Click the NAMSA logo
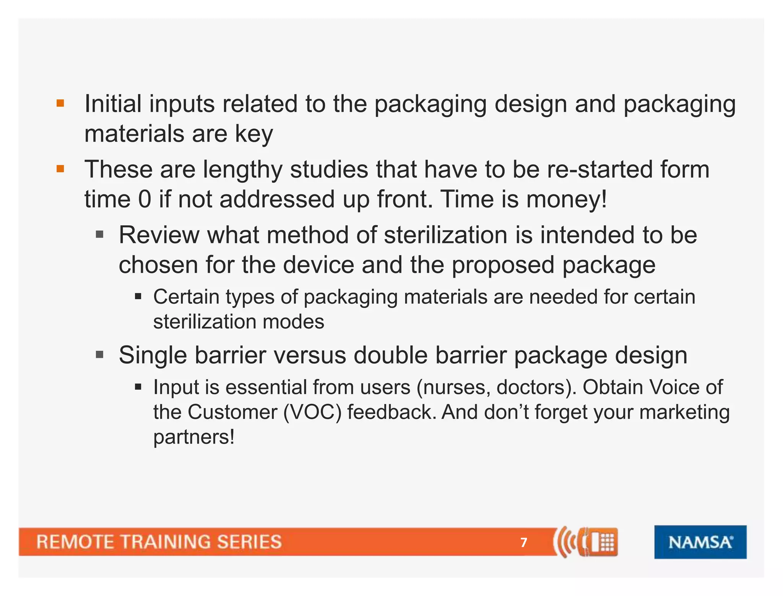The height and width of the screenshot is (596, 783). pyautogui.click(x=700, y=542)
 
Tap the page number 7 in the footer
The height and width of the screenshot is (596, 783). pyautogui.click(x=524, y=542)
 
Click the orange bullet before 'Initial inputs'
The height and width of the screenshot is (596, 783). pyautogui.click(x=60, y=103)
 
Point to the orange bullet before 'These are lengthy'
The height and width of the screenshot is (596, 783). pyautogui.click(x=60, y=169)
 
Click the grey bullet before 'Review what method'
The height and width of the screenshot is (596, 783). pyautogui.click(x=100, y=234)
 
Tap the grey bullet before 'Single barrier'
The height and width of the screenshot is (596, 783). pyautogui.click(x=100, y=355)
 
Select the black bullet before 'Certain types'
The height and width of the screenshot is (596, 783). pyautogui.click(x=138, y=296)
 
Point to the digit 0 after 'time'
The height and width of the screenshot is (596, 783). pyautogui.click(x=145, y=199)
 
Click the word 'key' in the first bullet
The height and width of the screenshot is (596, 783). pyautogui.click(x=254, y=134)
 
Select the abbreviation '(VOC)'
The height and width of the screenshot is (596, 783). pyautogui.click(x=312, y=412)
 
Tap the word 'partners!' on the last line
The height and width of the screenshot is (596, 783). pyautogui.click(x=194, y=437)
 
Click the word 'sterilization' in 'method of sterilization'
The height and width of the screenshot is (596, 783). pyautogui.click(x=445, y=235)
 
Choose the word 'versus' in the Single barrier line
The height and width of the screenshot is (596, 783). pyautogui.click(x=310, y=355)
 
